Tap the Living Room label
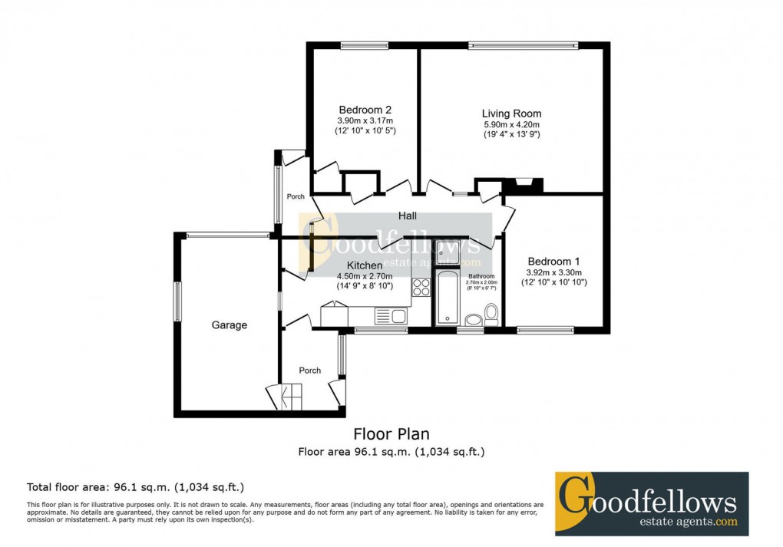(x=511, y=114)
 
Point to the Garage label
(x=230, y=325)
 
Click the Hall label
(x=407, y=216)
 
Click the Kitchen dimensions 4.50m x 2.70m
(x=365, y=276)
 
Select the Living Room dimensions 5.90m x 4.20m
(x=511, y=125)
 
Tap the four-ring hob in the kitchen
(x=421, y=288)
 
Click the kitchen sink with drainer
(x=391, y=315)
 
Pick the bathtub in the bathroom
(x=447, y=298)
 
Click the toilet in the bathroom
(x=491, y=314)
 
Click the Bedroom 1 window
(x=545, y=331)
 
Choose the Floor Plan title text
(x=391, y=435)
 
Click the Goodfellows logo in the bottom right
(x=651, y=503)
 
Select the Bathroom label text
(x=481, y=276)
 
